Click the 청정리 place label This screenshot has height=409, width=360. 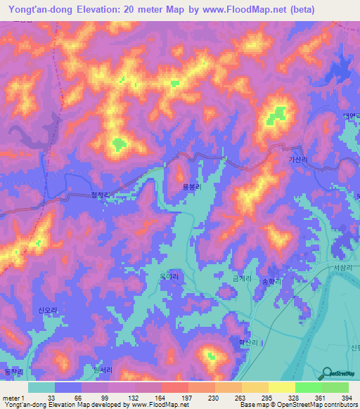tap(101, 197)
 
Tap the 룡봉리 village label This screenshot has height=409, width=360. tap(193, 188)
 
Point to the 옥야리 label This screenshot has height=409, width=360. tap(169, 278)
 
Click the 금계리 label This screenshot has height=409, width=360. tap(241, 279)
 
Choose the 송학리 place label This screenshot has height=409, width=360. tap(271, 280)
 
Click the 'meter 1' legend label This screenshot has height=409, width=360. tap(12, 397)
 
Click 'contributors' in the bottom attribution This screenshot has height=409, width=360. tap(340, 405)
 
